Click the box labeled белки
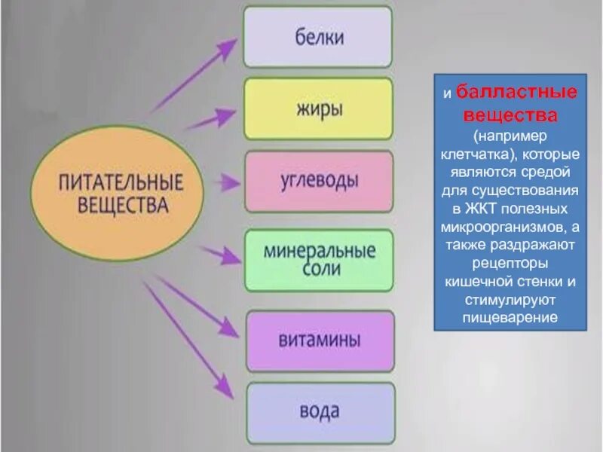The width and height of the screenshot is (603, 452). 317,37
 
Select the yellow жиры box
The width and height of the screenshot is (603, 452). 317,109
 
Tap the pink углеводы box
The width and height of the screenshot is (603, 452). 317,182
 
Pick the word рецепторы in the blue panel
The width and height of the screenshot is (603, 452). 510,263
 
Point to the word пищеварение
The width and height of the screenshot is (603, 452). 510,317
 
